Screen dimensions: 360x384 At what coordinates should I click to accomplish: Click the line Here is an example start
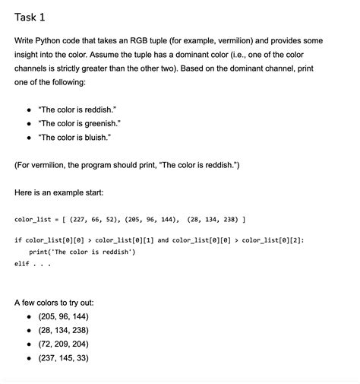(62, 192)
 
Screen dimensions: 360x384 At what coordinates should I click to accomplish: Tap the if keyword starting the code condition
(17, 240)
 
